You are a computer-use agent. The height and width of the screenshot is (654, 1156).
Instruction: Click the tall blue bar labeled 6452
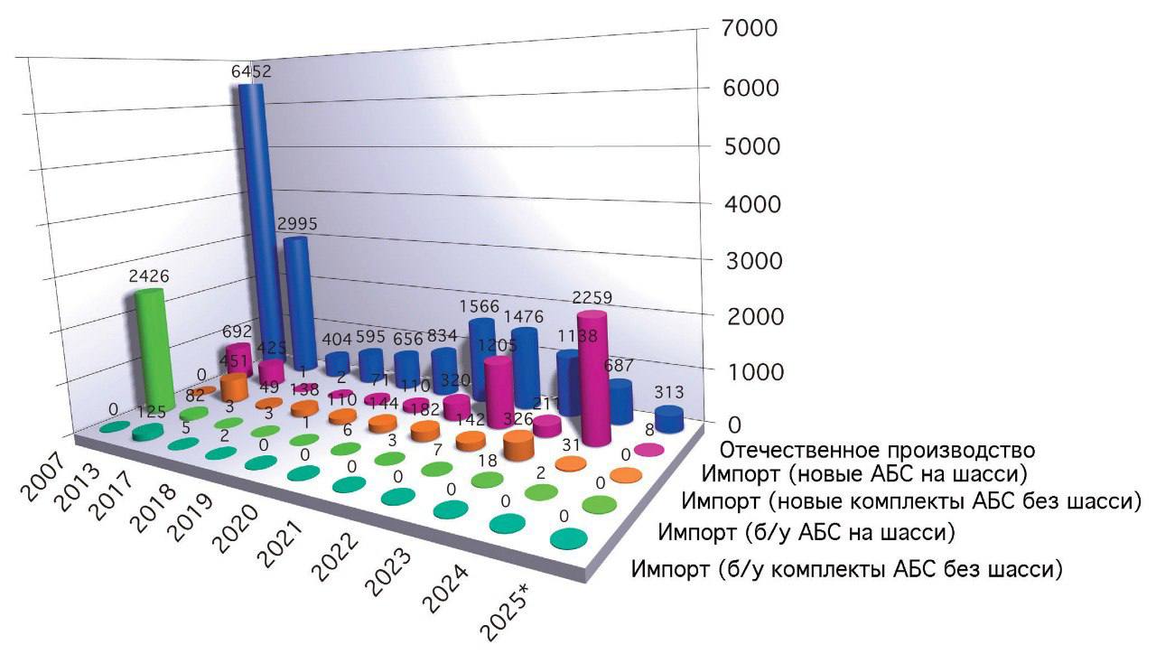251,226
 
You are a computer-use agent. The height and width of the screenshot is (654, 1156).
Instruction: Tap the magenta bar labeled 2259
593,379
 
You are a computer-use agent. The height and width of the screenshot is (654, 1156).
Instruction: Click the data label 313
667,392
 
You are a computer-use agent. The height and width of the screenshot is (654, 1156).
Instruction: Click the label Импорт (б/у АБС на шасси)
806,531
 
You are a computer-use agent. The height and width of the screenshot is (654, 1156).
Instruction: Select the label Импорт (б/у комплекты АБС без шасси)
846,570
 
